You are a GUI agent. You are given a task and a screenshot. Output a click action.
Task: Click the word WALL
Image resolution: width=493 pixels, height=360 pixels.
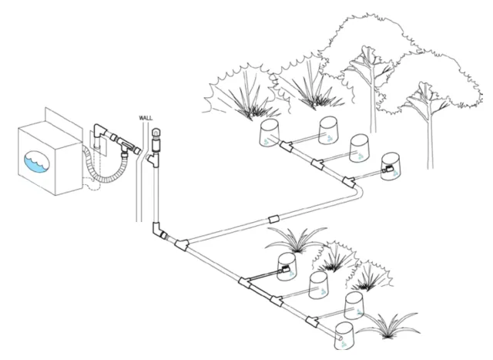click(145, 118)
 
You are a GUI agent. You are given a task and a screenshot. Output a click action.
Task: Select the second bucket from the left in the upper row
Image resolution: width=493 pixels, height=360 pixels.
click(330, 127)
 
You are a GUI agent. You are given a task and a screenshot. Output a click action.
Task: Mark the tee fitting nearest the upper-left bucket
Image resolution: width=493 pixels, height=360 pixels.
click(286, 146)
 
